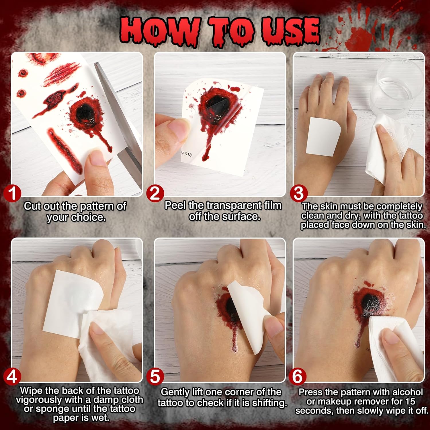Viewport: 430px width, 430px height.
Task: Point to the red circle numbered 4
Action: coord(12,377)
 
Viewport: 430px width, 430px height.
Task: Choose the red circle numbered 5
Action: coord(155,377)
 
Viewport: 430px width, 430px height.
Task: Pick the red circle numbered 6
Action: coord(297,377)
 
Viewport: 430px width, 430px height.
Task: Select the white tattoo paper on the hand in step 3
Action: coord(323,136)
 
